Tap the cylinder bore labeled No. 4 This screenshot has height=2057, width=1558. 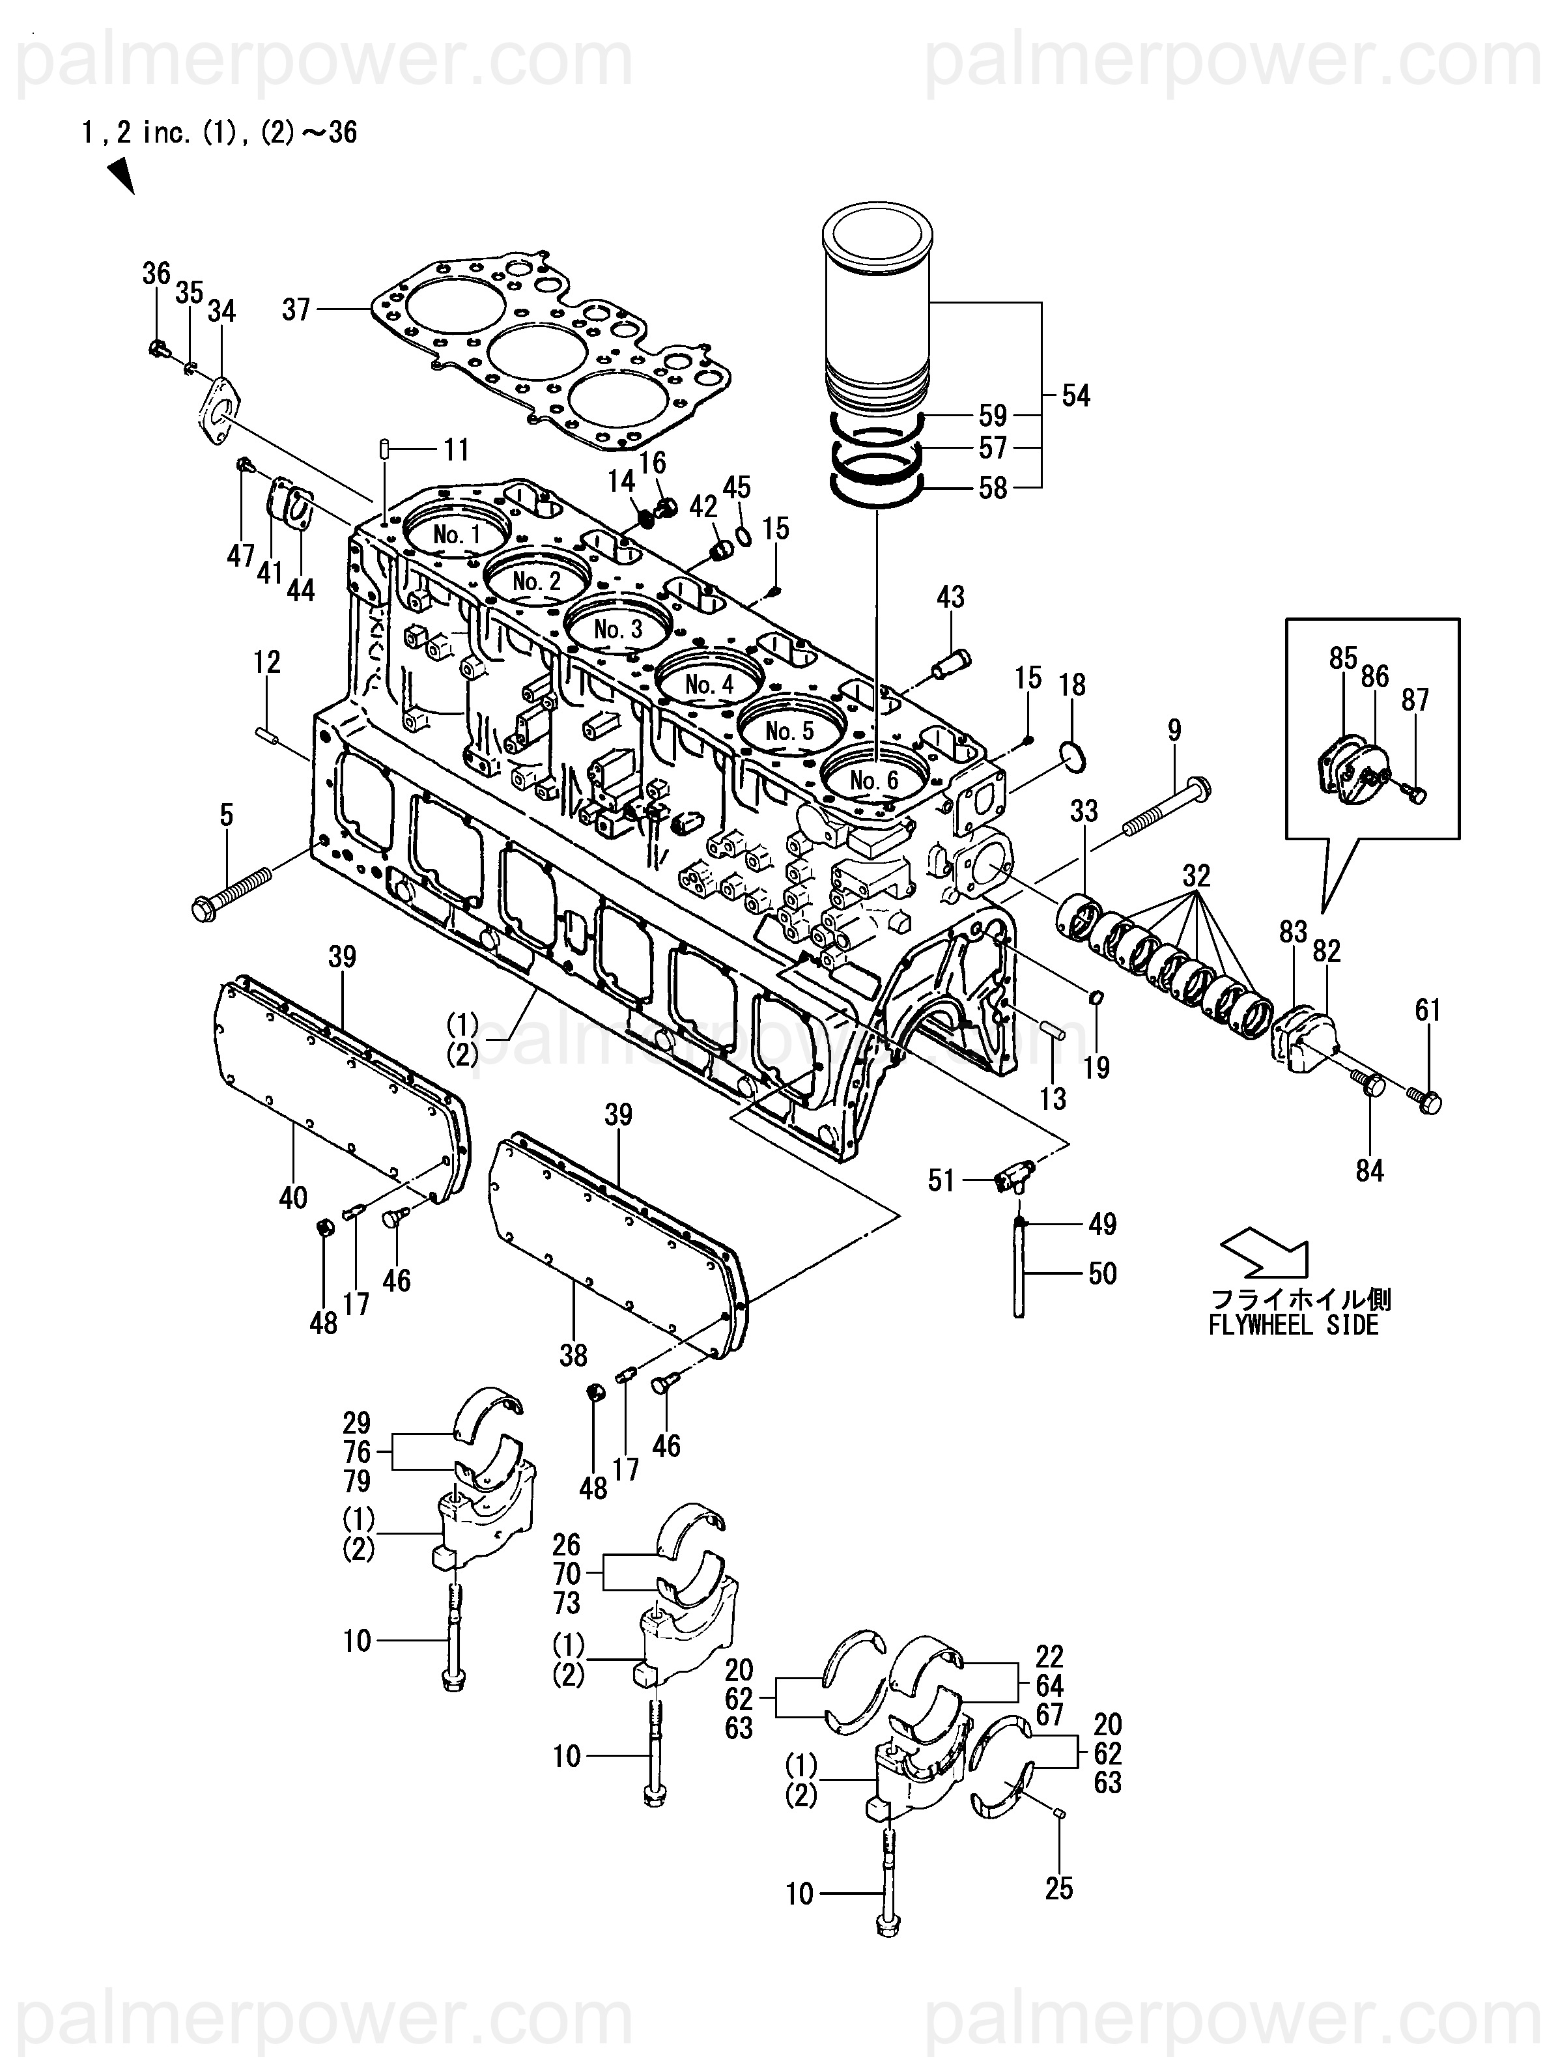(710, 683)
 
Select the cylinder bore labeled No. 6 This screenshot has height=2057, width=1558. (874, 779)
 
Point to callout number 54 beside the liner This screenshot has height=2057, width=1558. (1076, 396)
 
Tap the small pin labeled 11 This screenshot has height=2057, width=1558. (383, 449)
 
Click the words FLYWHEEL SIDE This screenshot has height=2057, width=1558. (1293, 1325)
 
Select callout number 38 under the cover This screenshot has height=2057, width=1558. (573, 1356)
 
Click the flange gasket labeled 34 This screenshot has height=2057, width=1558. (220, 410)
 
